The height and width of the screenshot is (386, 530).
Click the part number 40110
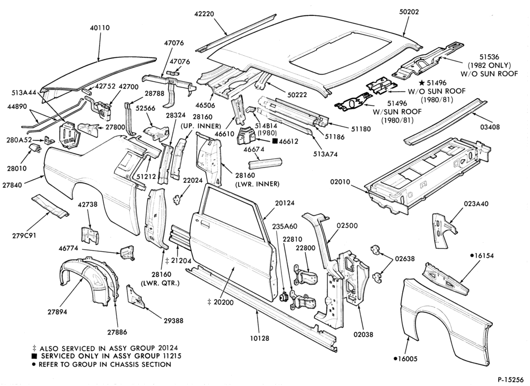[100, 28]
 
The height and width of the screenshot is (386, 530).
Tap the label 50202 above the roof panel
[409, 12]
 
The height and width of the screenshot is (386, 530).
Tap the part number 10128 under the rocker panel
[260, 338]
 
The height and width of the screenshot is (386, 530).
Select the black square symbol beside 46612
[275, 142]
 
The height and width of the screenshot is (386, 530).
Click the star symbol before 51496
[422, 83]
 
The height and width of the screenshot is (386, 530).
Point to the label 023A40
[476, 204]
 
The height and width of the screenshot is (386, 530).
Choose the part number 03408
[489, 127]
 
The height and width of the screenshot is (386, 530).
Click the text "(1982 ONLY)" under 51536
[489, 65]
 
